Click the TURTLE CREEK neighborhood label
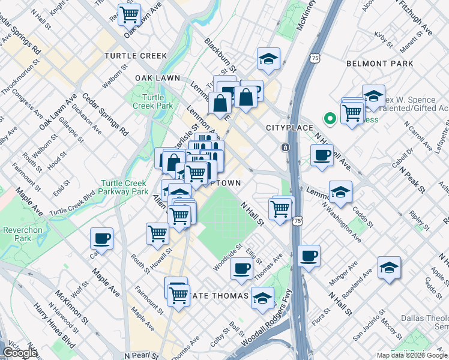point(136,56)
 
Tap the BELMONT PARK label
point(379,63)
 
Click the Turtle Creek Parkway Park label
point(124,187)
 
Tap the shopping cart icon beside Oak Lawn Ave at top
point(129,14)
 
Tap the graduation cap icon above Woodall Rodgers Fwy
point(262,298)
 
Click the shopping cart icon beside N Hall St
point(280,209)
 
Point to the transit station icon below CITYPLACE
point(286,146)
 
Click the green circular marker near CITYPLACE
point(329,119)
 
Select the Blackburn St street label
point(221,54)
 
